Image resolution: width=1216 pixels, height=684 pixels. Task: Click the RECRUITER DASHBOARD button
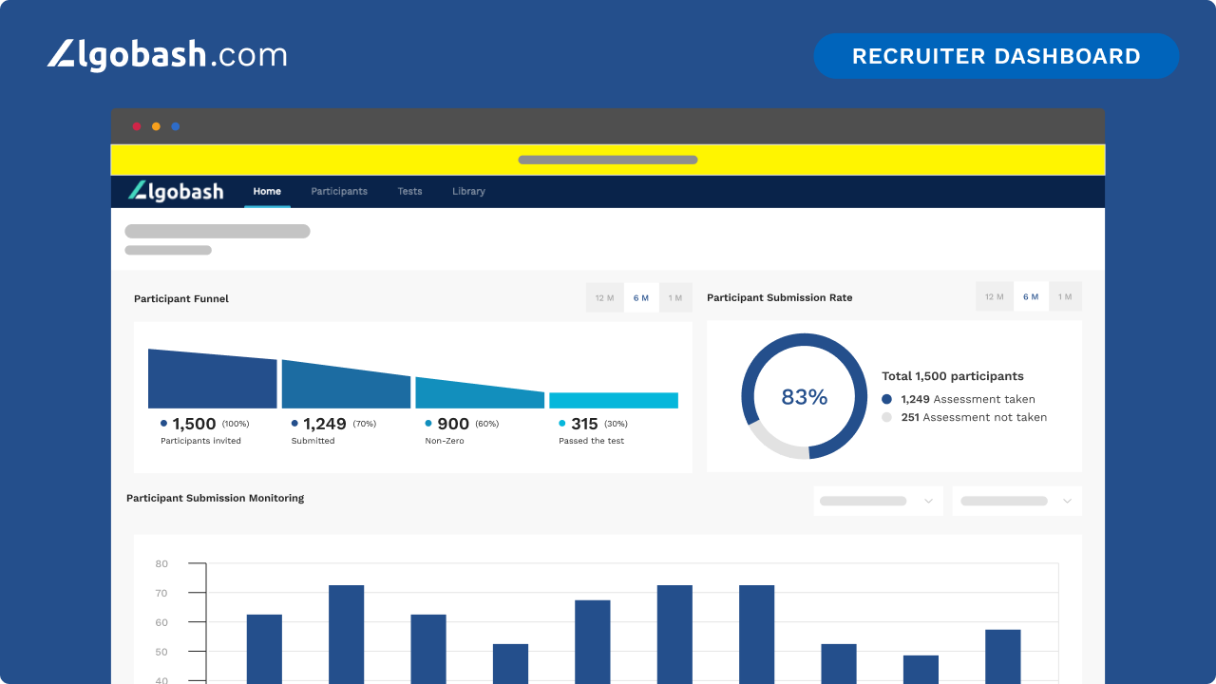(996, 56)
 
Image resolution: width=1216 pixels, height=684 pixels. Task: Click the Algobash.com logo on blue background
(167, 54)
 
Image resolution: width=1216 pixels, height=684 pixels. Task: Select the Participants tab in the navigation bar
(339, 191)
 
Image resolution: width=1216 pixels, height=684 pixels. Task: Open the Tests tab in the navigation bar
(409, 191)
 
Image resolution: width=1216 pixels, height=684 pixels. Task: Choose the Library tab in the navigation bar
(468, 191)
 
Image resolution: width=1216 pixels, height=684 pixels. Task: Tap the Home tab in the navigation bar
(267, 191)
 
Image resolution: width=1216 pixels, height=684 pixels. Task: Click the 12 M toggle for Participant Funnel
(604, 298)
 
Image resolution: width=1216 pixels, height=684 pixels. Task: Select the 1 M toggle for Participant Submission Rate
(1065, 297)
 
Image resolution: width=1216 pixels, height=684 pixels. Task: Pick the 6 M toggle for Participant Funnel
(641, 298)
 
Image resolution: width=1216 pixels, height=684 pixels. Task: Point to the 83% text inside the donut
(804, 397)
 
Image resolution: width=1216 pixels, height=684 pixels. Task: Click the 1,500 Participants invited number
(194, 424)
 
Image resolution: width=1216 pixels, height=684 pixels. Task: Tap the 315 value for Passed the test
(584, 424)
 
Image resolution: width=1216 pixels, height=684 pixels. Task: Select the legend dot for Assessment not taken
(887, 417)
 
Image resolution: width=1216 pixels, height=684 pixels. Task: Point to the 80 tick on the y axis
(161, 564)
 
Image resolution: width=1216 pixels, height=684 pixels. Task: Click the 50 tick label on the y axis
(161, 653)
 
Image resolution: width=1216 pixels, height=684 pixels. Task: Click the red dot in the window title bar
(137, 126)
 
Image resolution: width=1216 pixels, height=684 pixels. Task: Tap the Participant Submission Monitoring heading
(215, 498)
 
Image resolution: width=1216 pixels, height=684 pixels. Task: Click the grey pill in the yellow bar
(608, 160)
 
